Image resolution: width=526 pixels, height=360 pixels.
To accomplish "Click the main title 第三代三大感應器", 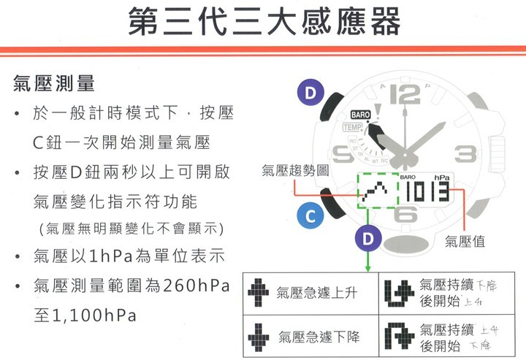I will [264, 22].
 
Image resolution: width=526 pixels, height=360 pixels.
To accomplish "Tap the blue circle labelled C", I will [310, 217].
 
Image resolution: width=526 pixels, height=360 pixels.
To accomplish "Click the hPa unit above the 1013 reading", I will [442, 177].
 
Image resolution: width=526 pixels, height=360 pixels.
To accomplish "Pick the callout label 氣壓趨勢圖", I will [294, 170].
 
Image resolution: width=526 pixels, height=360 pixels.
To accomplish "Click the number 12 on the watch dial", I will [405, 95].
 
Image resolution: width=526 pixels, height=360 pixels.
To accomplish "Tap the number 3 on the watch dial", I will [465, 154].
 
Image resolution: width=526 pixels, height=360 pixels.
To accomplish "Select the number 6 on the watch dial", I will [405, 215].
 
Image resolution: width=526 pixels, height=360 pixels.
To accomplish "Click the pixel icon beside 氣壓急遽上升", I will [259, 293].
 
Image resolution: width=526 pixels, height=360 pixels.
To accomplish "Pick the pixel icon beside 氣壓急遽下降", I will [259, 337].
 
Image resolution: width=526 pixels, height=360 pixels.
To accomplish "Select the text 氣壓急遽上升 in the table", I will [316, 294].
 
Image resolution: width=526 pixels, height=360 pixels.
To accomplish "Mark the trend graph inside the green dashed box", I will [377, 193].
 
